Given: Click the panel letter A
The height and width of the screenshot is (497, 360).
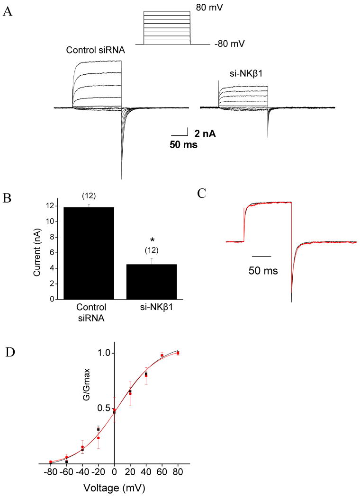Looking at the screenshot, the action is (8, 13).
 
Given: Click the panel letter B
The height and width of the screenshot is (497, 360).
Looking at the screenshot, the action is (8, 210).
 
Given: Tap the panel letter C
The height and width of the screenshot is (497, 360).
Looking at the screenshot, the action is (201, 193).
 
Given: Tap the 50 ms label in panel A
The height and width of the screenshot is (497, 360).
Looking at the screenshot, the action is (184, 145).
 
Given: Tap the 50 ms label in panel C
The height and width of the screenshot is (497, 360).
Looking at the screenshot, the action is (263, 271).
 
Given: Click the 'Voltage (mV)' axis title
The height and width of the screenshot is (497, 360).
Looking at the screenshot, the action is (114, 487).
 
